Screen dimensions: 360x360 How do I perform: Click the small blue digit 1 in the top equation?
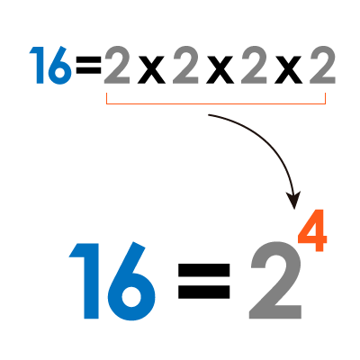pyautogui.click(x=38, y=65)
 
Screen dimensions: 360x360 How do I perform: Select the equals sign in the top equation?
pyautogui.click(x=88, y=67)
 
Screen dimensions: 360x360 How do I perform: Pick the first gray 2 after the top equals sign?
pyautogui.click(x=117, y=65)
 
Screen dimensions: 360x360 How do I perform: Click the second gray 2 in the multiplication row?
pyautogui.click(x=185, y=65)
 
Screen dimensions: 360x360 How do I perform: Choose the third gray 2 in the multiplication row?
pyautogui.click(x=254, y=65)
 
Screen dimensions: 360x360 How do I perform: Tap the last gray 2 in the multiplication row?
pyautogui.click(x=322, y=65)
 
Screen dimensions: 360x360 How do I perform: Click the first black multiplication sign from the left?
pyautogui.click(x=151, y=70)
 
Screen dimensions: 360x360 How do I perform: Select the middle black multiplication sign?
pyautogui.click(x=220, y=70)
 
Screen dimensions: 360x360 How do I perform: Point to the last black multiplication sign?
pyautogui.click(x=288, y=70)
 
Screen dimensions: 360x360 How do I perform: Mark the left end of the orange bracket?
pyautogui.click(x=106, y=94)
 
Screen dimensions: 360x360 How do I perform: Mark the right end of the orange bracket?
pyautogui.click(x=326, y=94)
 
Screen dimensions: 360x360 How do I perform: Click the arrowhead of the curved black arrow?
pyautogui.click(x=293, y=201)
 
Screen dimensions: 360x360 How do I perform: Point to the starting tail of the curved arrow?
pyautogui.click(x=209, y=115)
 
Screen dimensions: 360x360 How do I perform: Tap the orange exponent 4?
pyautogui.click(x=312, y=231)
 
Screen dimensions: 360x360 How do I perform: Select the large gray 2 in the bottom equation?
pyautogui.click(x=275, y=280)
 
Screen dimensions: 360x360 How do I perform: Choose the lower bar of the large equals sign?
pyautogui.click(x=204, y=292)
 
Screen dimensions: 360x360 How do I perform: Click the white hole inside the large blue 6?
pyautogui.click(x=131, y=297)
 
